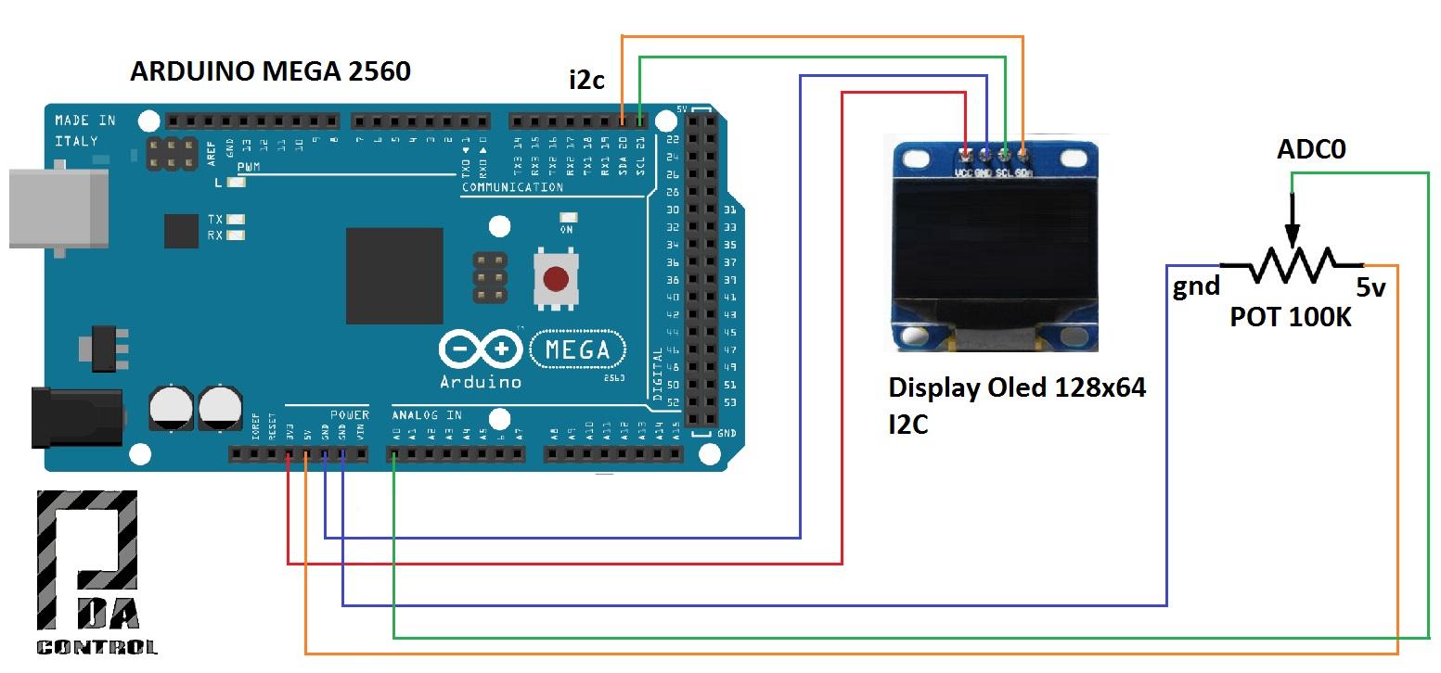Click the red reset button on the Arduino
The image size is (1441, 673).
pos(555,278)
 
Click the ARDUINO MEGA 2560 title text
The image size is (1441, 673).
pos(270,71)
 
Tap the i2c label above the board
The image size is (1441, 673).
pos(586,80)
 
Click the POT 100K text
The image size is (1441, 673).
pos(1290,317)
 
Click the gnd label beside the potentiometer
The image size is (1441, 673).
pos(1196,286)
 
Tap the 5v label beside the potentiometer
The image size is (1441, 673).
pos(1371,287)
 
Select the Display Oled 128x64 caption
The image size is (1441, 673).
pos(1017,387)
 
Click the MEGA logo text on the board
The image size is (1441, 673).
pos(576,350)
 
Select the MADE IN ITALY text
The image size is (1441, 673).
pos(84,130)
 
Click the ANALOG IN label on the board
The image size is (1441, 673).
pos(426,415)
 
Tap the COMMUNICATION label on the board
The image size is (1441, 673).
pos(512,187)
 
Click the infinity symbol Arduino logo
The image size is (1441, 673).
pos(480,349)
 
